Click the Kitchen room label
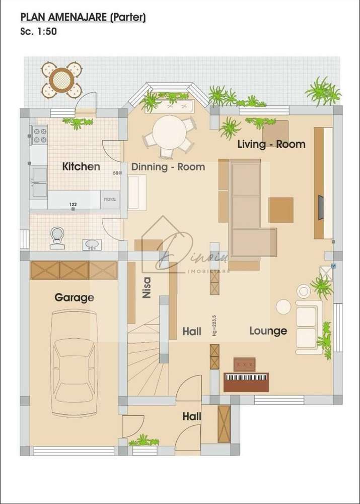coord(81,167)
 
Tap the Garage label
coord(74,298)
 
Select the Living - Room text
coord(271,145)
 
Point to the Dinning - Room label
coord(168,167)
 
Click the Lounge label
coord(268,331)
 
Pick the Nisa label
coord(147,289)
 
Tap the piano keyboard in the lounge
coord(246,378)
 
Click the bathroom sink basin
coord(92,245)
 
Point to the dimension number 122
coord(73,204)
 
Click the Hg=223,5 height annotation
coord(214,325)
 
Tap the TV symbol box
coord(333,266)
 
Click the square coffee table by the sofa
coord(280,210)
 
